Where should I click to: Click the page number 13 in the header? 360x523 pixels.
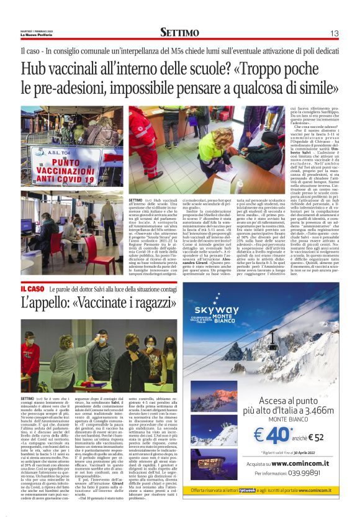[x=334, y=32]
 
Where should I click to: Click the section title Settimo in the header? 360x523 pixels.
[x=179, y=32]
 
